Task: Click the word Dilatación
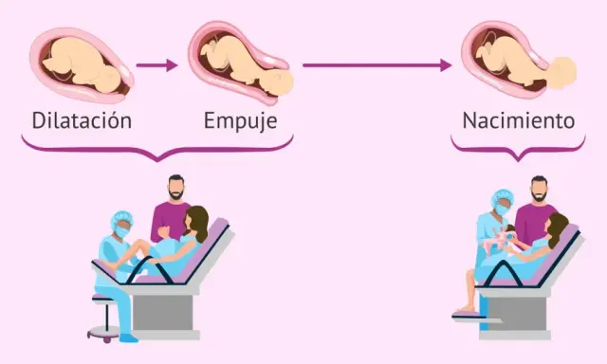82,120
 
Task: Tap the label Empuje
240,121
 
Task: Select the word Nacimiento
519,120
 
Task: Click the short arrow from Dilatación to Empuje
156,65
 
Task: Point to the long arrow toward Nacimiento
377,65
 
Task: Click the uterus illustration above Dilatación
83,65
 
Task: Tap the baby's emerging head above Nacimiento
562,73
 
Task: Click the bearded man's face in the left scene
176,189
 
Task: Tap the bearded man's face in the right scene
539,190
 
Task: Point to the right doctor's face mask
503,209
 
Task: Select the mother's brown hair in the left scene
198,223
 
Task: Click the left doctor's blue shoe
129,338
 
